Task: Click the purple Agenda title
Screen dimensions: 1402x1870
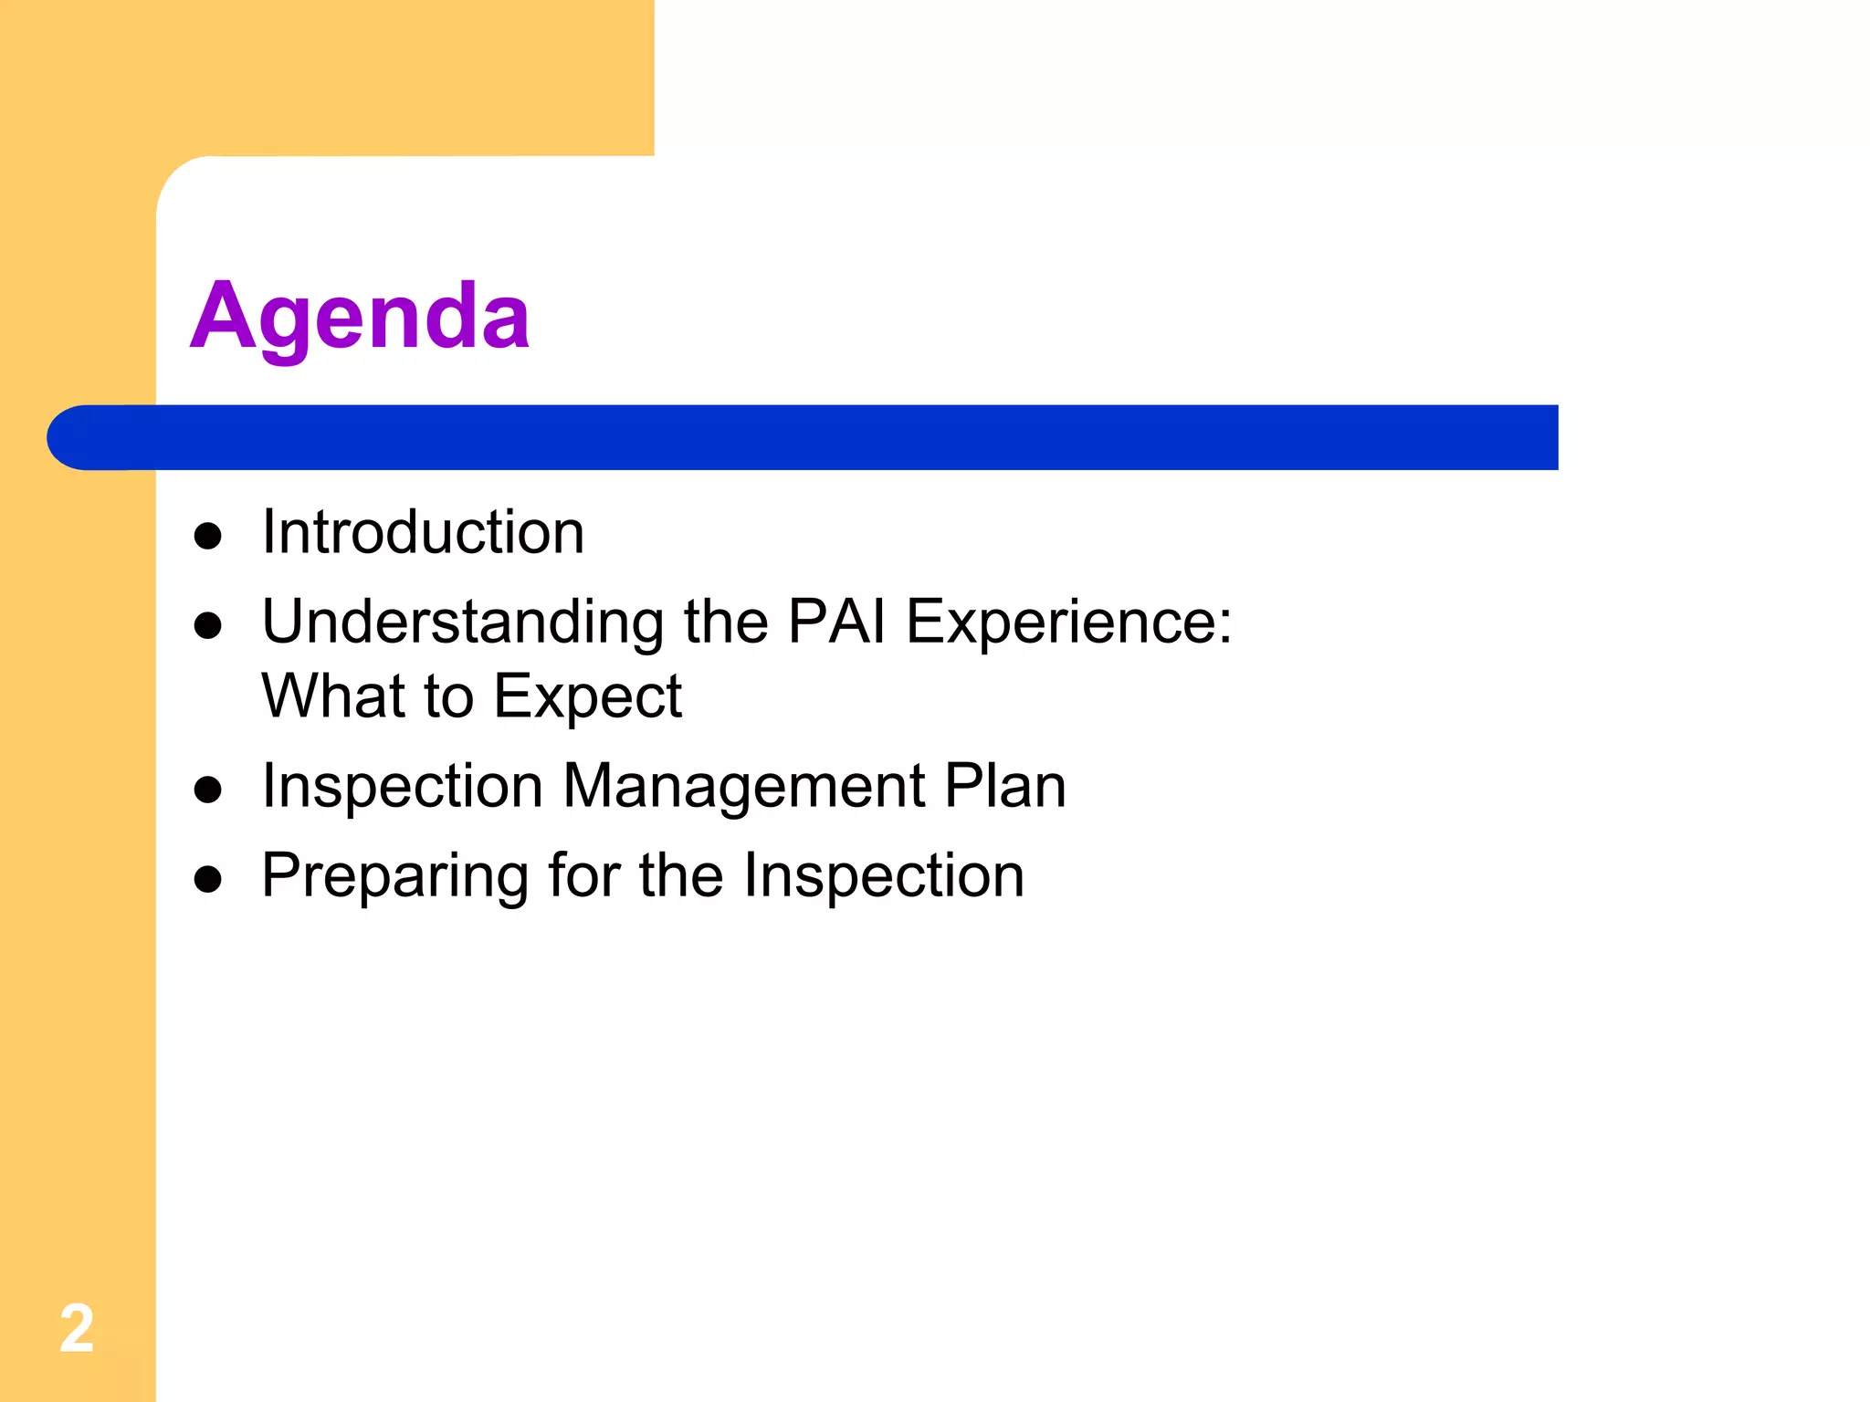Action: [360, 317]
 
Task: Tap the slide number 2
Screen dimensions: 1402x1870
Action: [77, 1328]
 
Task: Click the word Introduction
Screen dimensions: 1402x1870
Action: [423, 532]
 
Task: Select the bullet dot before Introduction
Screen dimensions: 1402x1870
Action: [208, 536]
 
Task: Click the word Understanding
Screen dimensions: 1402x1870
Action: [463, 623]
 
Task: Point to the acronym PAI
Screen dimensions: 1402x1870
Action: [836, 623]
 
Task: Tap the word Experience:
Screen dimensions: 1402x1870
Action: [1068, 623]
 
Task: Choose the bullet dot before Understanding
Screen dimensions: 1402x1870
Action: [208, 625]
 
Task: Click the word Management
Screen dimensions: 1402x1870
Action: [744, 786]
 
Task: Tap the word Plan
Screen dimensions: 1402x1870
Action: [1004, 786]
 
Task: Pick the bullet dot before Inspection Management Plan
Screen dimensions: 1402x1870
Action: [208, 790]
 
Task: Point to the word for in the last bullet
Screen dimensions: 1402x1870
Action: [583, 875]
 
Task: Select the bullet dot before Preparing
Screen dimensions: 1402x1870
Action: [208, 879]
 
